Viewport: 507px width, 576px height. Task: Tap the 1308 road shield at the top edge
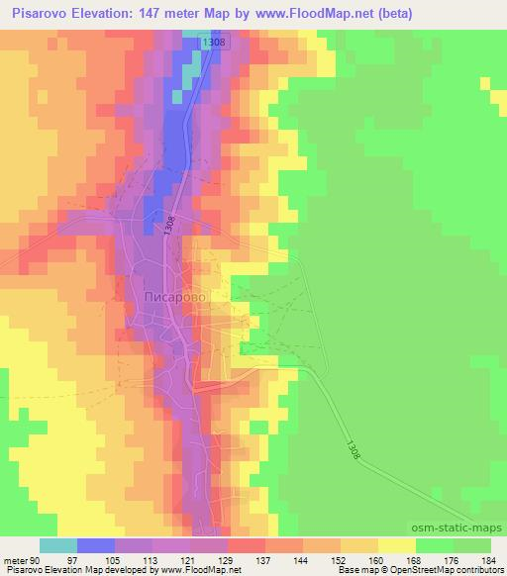[211, 42]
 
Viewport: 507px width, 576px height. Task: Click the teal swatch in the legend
[58, 545]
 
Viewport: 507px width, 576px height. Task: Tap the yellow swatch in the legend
[397, 545]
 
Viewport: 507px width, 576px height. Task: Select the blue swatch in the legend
[96, 545]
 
